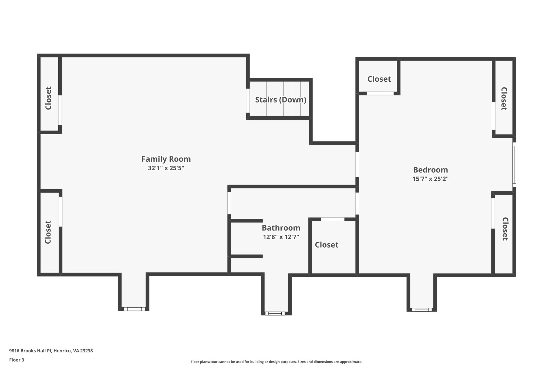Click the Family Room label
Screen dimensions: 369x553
click(x=166, y=159)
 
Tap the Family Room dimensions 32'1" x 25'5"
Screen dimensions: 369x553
click(x=166, y=168)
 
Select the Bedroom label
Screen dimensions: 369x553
click(x=430, y=170)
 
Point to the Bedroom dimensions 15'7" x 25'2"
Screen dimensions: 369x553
click(x=430, y=179)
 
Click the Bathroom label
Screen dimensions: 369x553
click(x=281, y=228)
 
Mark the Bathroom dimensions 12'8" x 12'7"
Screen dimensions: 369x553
click(x=281, y=237)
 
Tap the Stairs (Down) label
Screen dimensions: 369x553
click(x=281, y=100)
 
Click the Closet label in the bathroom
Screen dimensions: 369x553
click(x=326, y=245)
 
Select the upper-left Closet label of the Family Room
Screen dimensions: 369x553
click(x=48, y=98)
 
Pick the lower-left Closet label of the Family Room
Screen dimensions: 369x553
click(x=48, y=232)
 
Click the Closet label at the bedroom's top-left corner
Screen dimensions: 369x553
click(x=379, y=79)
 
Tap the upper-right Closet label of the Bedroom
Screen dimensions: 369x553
click(x=504, y=99)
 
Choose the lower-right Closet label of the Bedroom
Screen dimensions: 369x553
click(x=505, y=229)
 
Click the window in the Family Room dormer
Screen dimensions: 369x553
click(x=134, y=309)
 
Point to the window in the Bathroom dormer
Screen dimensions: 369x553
click(x=275, y=314)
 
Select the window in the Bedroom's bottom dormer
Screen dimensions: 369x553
click(x=422, y=310)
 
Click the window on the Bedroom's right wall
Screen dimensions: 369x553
click(x=514, y=165)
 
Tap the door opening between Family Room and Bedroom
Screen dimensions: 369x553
click(x=357, y=164)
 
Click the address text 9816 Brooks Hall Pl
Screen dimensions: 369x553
click(x=51, y=351)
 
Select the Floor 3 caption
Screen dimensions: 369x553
click(x=17, y=360)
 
